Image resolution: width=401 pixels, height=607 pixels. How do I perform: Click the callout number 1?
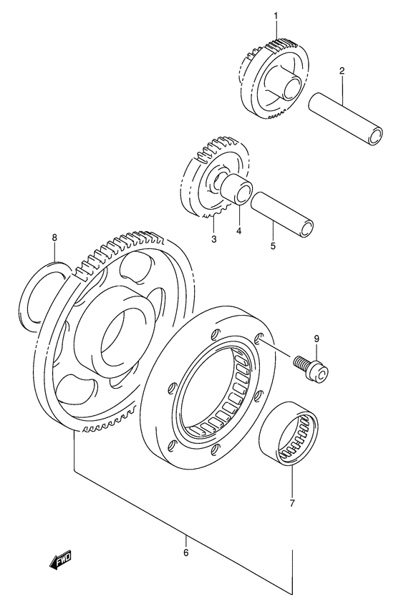tap(273, 16)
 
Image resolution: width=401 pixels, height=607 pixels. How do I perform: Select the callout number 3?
tap(213, 239)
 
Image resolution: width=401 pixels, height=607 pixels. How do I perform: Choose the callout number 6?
tap(185, 552)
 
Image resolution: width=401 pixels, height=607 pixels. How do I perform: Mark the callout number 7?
tap(291, 503)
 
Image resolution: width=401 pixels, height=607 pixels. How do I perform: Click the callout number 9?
tap(315, 338)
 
